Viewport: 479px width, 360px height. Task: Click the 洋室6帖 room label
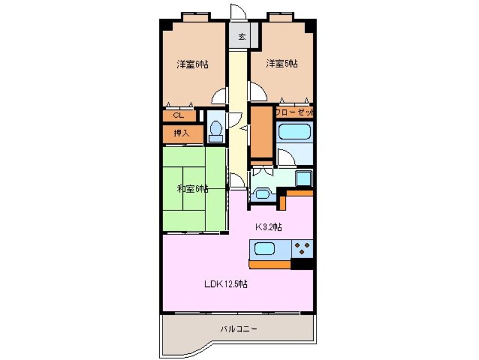point(192,65)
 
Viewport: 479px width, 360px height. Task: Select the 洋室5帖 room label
point(282,65)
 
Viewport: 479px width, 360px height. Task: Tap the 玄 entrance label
point(241,37)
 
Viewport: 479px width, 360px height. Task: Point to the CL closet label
point(178,115)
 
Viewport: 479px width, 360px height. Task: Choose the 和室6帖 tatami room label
point(193,188)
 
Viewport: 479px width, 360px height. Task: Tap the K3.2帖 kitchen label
point(269,227)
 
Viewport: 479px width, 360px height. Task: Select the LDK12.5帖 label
point(225,284)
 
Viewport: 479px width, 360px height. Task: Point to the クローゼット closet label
point(294,112)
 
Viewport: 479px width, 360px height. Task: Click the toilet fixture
point(215,131)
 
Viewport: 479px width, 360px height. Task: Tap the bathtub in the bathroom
point(294,132)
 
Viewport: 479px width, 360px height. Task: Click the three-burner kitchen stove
point(302,248)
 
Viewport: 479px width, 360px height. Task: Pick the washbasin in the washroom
point(262,194)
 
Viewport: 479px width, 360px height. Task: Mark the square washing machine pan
point(303,177)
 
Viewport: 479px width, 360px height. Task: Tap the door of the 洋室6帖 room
point(219,98)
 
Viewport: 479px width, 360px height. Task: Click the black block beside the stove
point(303,263)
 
